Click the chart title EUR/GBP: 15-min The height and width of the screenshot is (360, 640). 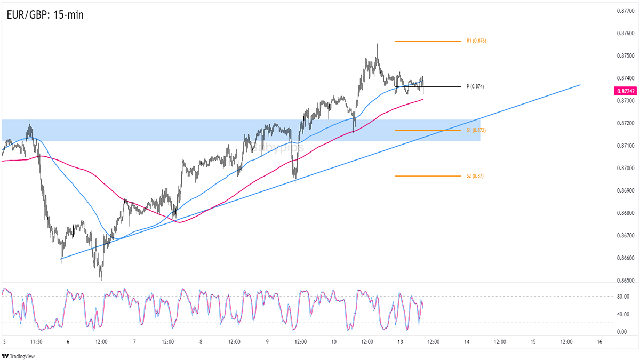[x=45, y=15]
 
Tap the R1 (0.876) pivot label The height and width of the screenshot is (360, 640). [x=476, y=41]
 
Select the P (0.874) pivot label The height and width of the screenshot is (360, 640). [x=475, y=86]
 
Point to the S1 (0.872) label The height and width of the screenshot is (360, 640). [x=476, y=130]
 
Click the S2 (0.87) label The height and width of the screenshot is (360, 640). [x=475, y=175]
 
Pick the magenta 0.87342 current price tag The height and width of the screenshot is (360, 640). [x=625, y=92]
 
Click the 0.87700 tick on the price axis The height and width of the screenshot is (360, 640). [x=625, y=11]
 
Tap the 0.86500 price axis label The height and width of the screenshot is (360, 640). [x=625, y=280]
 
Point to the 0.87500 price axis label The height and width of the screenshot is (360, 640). [x=625, y=55]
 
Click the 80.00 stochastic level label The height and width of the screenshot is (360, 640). [x=622, y=297]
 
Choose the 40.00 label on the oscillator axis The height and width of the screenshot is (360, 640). [x=622, y=314]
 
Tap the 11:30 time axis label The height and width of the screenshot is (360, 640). [x=36, y=341]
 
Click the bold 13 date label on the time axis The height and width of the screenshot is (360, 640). [x=401, y=341]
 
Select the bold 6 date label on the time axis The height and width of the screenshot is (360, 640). [x=68, y=341]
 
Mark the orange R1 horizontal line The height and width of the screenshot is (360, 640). [x=427, y=41]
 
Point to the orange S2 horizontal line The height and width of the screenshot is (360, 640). [x=427, y=176]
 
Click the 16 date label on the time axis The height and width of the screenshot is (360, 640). [x=600, y=341]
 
